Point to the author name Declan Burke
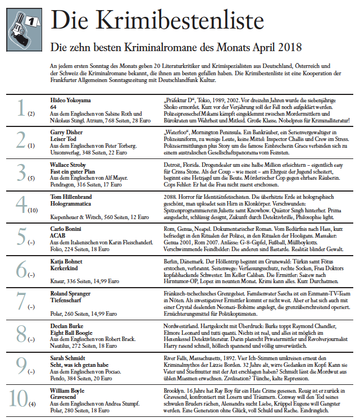tap(63, 326)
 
